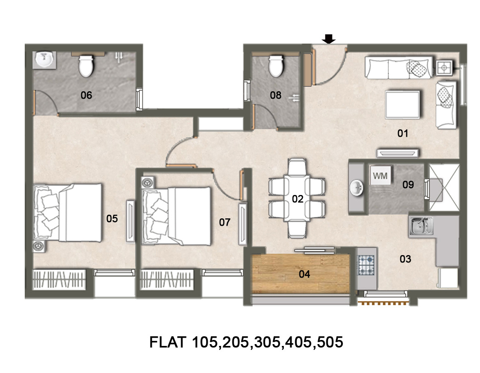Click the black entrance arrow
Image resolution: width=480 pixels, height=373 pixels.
(x=329, y=39)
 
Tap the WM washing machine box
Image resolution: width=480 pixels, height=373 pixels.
(x=380, y=175)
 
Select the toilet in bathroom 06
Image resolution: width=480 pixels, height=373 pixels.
(x=86, y=66)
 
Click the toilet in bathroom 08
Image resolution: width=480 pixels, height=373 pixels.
(x=276, y=66)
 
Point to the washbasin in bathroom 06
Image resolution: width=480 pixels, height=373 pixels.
(x=44, y=60)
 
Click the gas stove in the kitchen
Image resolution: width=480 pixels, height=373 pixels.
(x=366, y=265)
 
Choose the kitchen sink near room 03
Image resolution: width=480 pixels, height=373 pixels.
(x=421, y=226)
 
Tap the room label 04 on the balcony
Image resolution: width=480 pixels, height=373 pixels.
(x=304, y=274)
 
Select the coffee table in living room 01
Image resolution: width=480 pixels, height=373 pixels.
(x=403, y=105)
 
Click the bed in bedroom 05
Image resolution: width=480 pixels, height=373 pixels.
(x=67, y=212)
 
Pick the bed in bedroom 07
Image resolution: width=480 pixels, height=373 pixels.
(x=176, y=216)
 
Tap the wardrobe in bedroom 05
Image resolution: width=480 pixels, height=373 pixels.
(x=59, y=279)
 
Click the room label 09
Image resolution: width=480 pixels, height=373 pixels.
(x=408, y=184)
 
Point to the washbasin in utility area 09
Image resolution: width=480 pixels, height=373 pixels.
(x=357, y=188)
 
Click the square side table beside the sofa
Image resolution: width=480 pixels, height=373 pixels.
(x=444, y=68)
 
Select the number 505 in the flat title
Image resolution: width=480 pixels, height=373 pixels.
(x=330, y=342)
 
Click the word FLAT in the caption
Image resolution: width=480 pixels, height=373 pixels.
(x=168, y=342)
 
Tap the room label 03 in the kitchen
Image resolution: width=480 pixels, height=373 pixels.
(x=405, y=259)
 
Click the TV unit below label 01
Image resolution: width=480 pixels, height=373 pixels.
(x=397, y=153)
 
